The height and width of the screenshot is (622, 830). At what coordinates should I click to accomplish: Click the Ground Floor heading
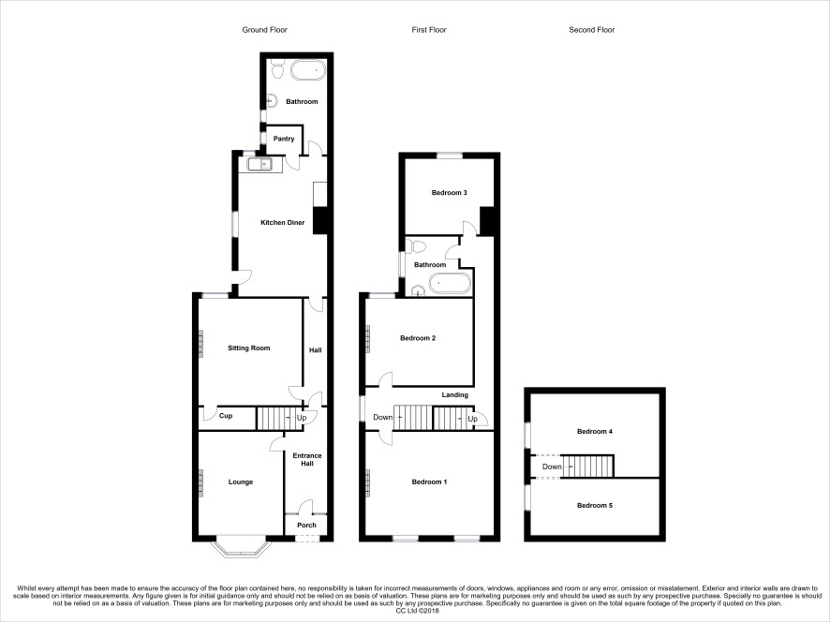[x=265, y=30]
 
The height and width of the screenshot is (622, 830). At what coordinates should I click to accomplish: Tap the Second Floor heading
[x=592, y=30]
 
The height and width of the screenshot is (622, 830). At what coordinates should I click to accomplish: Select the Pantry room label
[x=284, y=139]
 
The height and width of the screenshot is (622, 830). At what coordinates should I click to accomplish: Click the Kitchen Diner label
[x=283, y=223]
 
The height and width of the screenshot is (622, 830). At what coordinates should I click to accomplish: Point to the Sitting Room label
[x=249, y=348]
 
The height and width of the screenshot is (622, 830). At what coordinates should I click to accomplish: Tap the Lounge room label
[x=241, y=482]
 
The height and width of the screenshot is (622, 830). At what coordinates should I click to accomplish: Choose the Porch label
[x=306, y=526]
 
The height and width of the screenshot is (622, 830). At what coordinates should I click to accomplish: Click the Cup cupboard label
[x=226, y=416]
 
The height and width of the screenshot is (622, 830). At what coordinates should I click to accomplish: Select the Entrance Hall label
[x=307, y=460]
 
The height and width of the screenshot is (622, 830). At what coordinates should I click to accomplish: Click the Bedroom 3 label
[x=450, y=193]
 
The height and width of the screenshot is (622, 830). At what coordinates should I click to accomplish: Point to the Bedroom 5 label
[x=595, y=506]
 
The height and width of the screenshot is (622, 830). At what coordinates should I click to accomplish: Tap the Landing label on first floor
[x=455, y=395]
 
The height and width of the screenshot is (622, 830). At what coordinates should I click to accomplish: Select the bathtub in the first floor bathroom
[x=450, y=283]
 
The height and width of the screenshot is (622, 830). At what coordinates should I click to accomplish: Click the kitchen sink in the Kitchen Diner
[x=259, y=165]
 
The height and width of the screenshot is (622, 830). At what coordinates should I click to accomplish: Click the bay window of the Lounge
[x=239, y=548]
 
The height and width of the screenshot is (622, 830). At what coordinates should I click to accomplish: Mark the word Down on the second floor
[x=552, y=466]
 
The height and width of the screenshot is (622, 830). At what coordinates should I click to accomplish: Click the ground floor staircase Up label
[x=302, y=418]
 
